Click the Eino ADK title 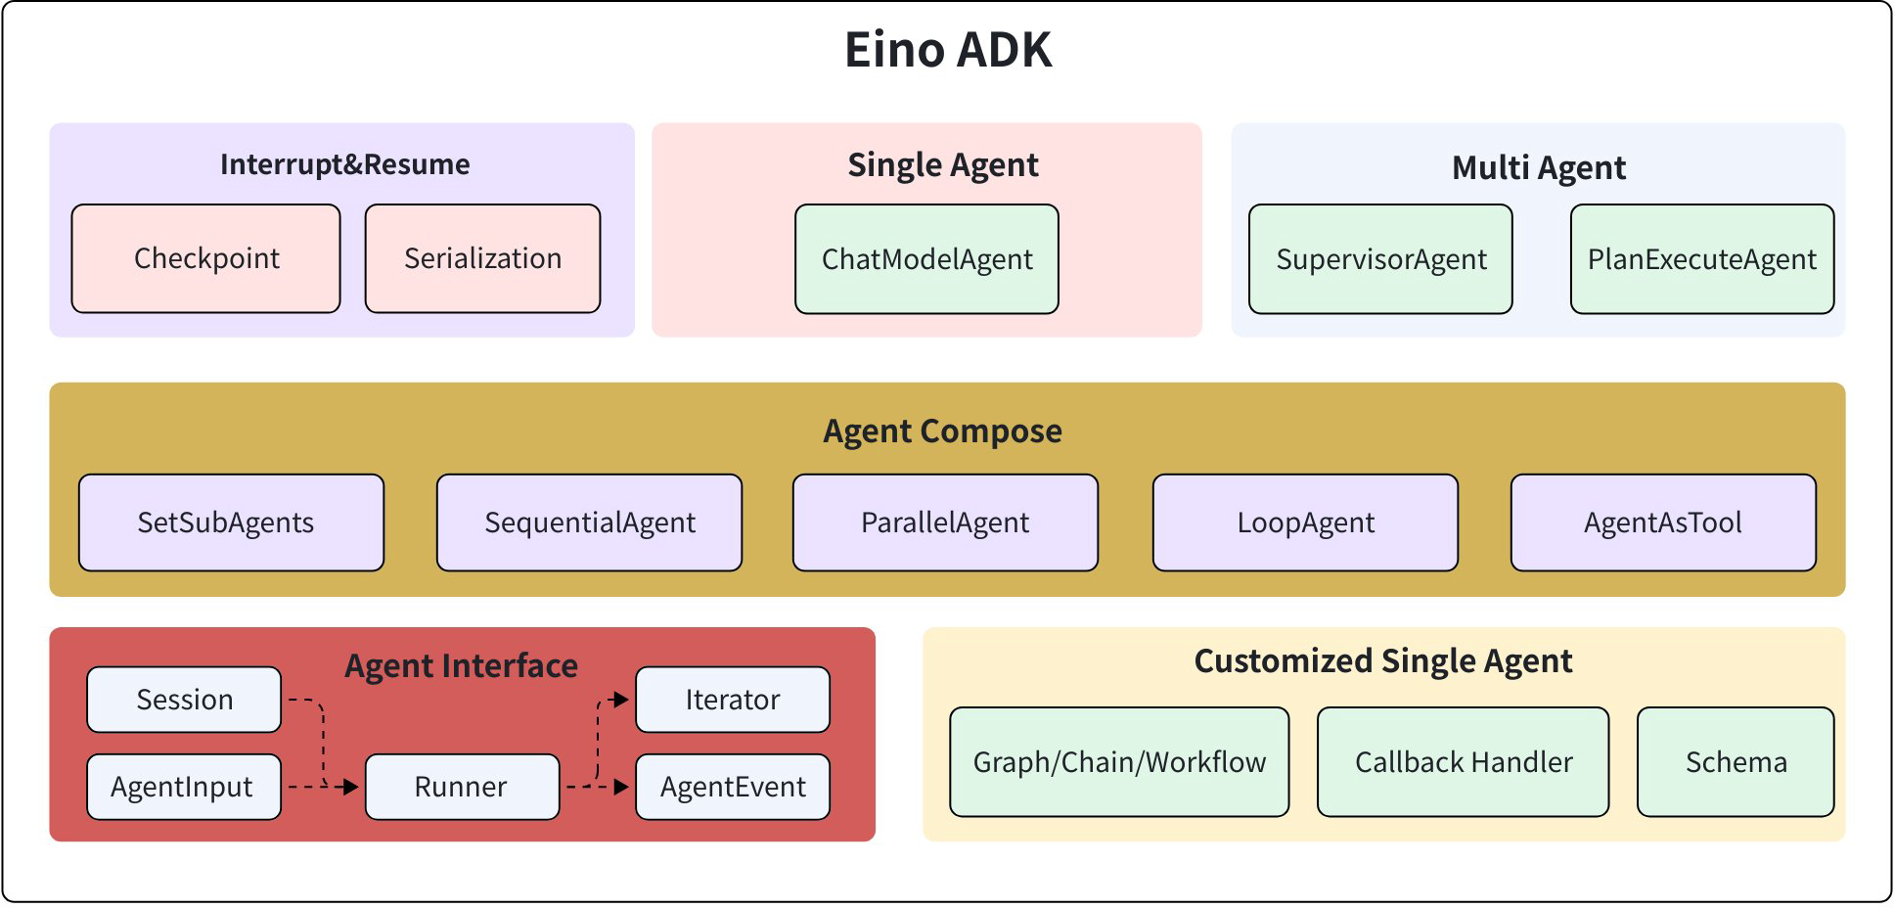(947, 50)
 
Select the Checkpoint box (205, 258)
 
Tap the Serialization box (482, 258)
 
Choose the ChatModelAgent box (926, 259)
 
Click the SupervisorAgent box (1380, 259)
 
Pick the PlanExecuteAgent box (1701, 259)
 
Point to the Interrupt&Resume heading (344, 164)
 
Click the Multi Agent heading (1538, 167)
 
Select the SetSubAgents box (231, 522)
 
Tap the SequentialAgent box (589, 522)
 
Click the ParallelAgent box (945, 522)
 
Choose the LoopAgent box (1305, 522)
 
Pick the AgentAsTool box (1663, 522)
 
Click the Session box (184, 700)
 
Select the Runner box (462, 787)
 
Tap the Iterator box (732, 700)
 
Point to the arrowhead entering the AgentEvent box (622, 787)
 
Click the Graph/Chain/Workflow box (1119, 762)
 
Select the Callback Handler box (1463, 762)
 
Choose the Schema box (1736, 762)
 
